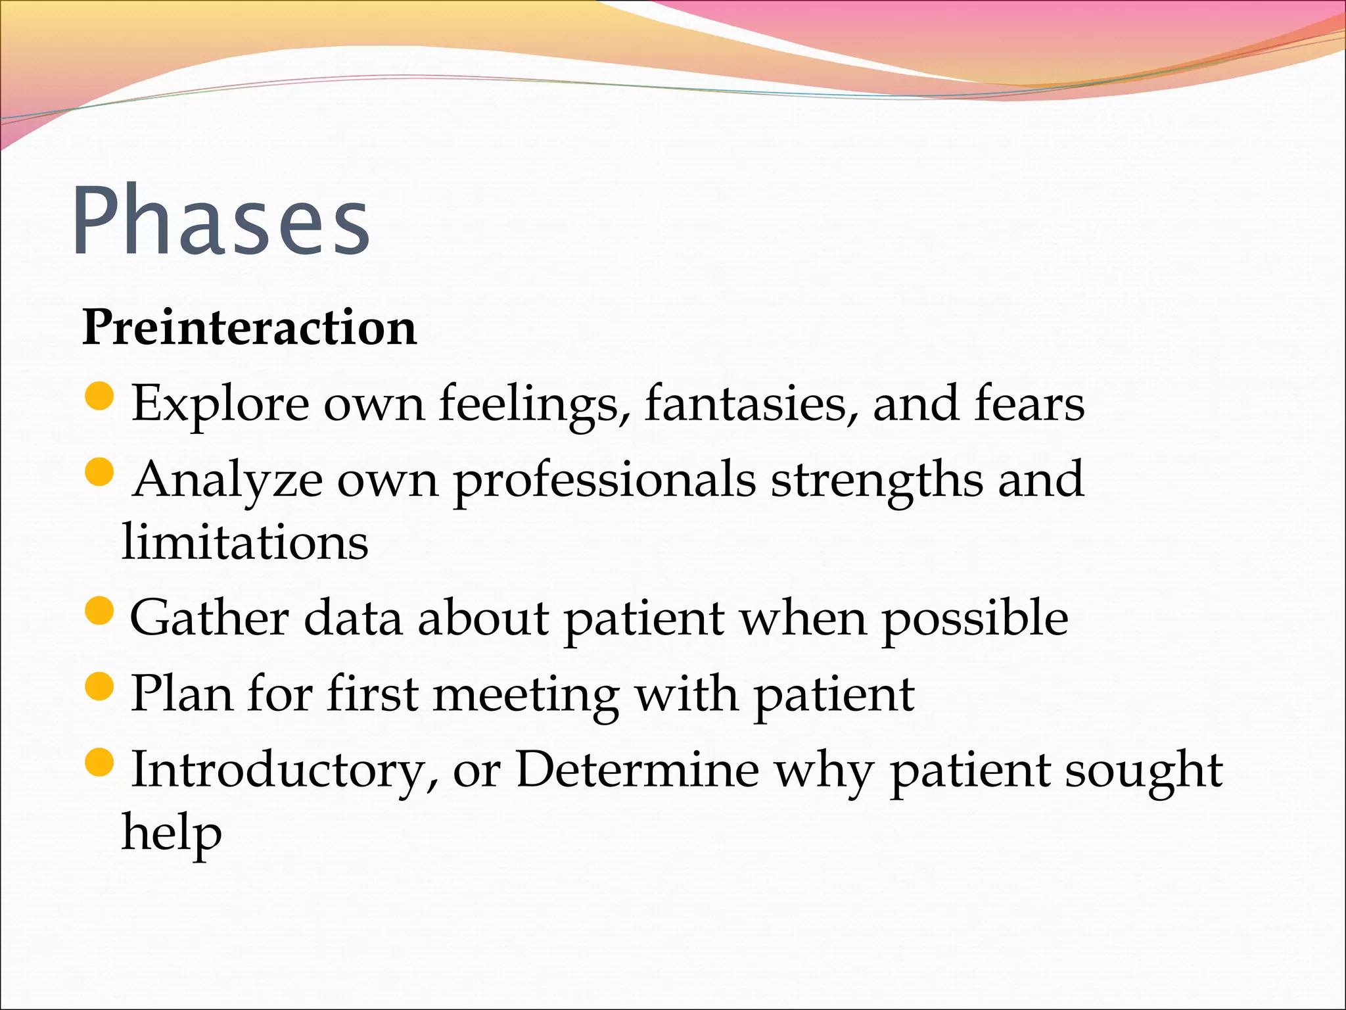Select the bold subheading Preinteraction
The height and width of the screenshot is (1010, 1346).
[x=249, y=327]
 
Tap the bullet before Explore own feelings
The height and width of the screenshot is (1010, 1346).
[x=100, y=397]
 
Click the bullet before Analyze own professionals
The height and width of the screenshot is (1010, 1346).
[x=100, y=472]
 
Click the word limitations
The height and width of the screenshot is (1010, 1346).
[x=245, y=542]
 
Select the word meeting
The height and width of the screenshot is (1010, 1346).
[x=526, y=695]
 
